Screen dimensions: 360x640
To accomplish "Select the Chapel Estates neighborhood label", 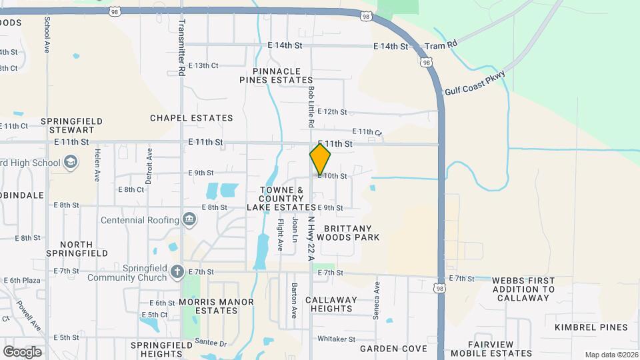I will [191, 118].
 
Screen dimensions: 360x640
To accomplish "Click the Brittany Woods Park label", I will [348, 232].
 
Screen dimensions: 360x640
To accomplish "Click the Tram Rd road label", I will [441, 44].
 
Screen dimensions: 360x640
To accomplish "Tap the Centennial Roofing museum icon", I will [189, 220].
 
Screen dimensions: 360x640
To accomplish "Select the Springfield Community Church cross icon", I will [177, 271].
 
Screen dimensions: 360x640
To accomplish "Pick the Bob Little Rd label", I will [311, 107].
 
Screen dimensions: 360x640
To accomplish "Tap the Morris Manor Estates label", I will [217, 307].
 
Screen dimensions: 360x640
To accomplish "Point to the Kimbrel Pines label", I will [591, 327].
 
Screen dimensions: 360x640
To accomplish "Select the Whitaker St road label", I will [336, 339].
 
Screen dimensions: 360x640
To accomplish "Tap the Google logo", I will [22, 351].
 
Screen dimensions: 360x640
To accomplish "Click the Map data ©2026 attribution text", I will [611, 355].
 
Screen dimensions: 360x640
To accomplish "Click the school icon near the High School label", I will [71, 162].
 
